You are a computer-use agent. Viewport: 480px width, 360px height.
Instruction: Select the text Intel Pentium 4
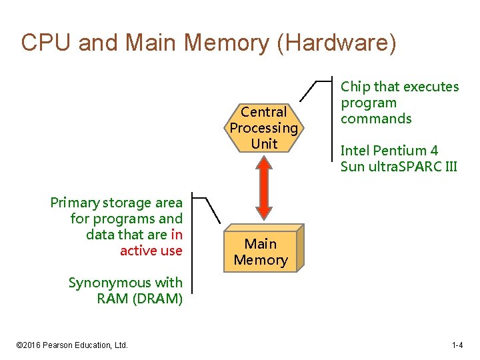pos(389,151)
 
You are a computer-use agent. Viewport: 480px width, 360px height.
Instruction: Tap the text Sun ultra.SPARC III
pos(399,167)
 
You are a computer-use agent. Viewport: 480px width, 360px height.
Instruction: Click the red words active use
pos(151,251)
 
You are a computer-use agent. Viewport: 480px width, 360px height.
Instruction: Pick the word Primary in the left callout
pos(73,203)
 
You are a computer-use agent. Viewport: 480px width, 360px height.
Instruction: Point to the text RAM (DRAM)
pos(139,299)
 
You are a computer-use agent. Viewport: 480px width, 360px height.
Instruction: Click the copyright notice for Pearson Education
pos(71,345)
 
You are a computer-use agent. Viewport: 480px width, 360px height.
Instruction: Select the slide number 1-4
pos(457,345)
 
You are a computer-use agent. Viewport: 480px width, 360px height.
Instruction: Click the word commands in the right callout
pos(376,119)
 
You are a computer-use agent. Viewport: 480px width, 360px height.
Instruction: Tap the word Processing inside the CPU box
pos(264,128)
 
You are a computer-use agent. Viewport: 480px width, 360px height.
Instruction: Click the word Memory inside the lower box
pos(261,260)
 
